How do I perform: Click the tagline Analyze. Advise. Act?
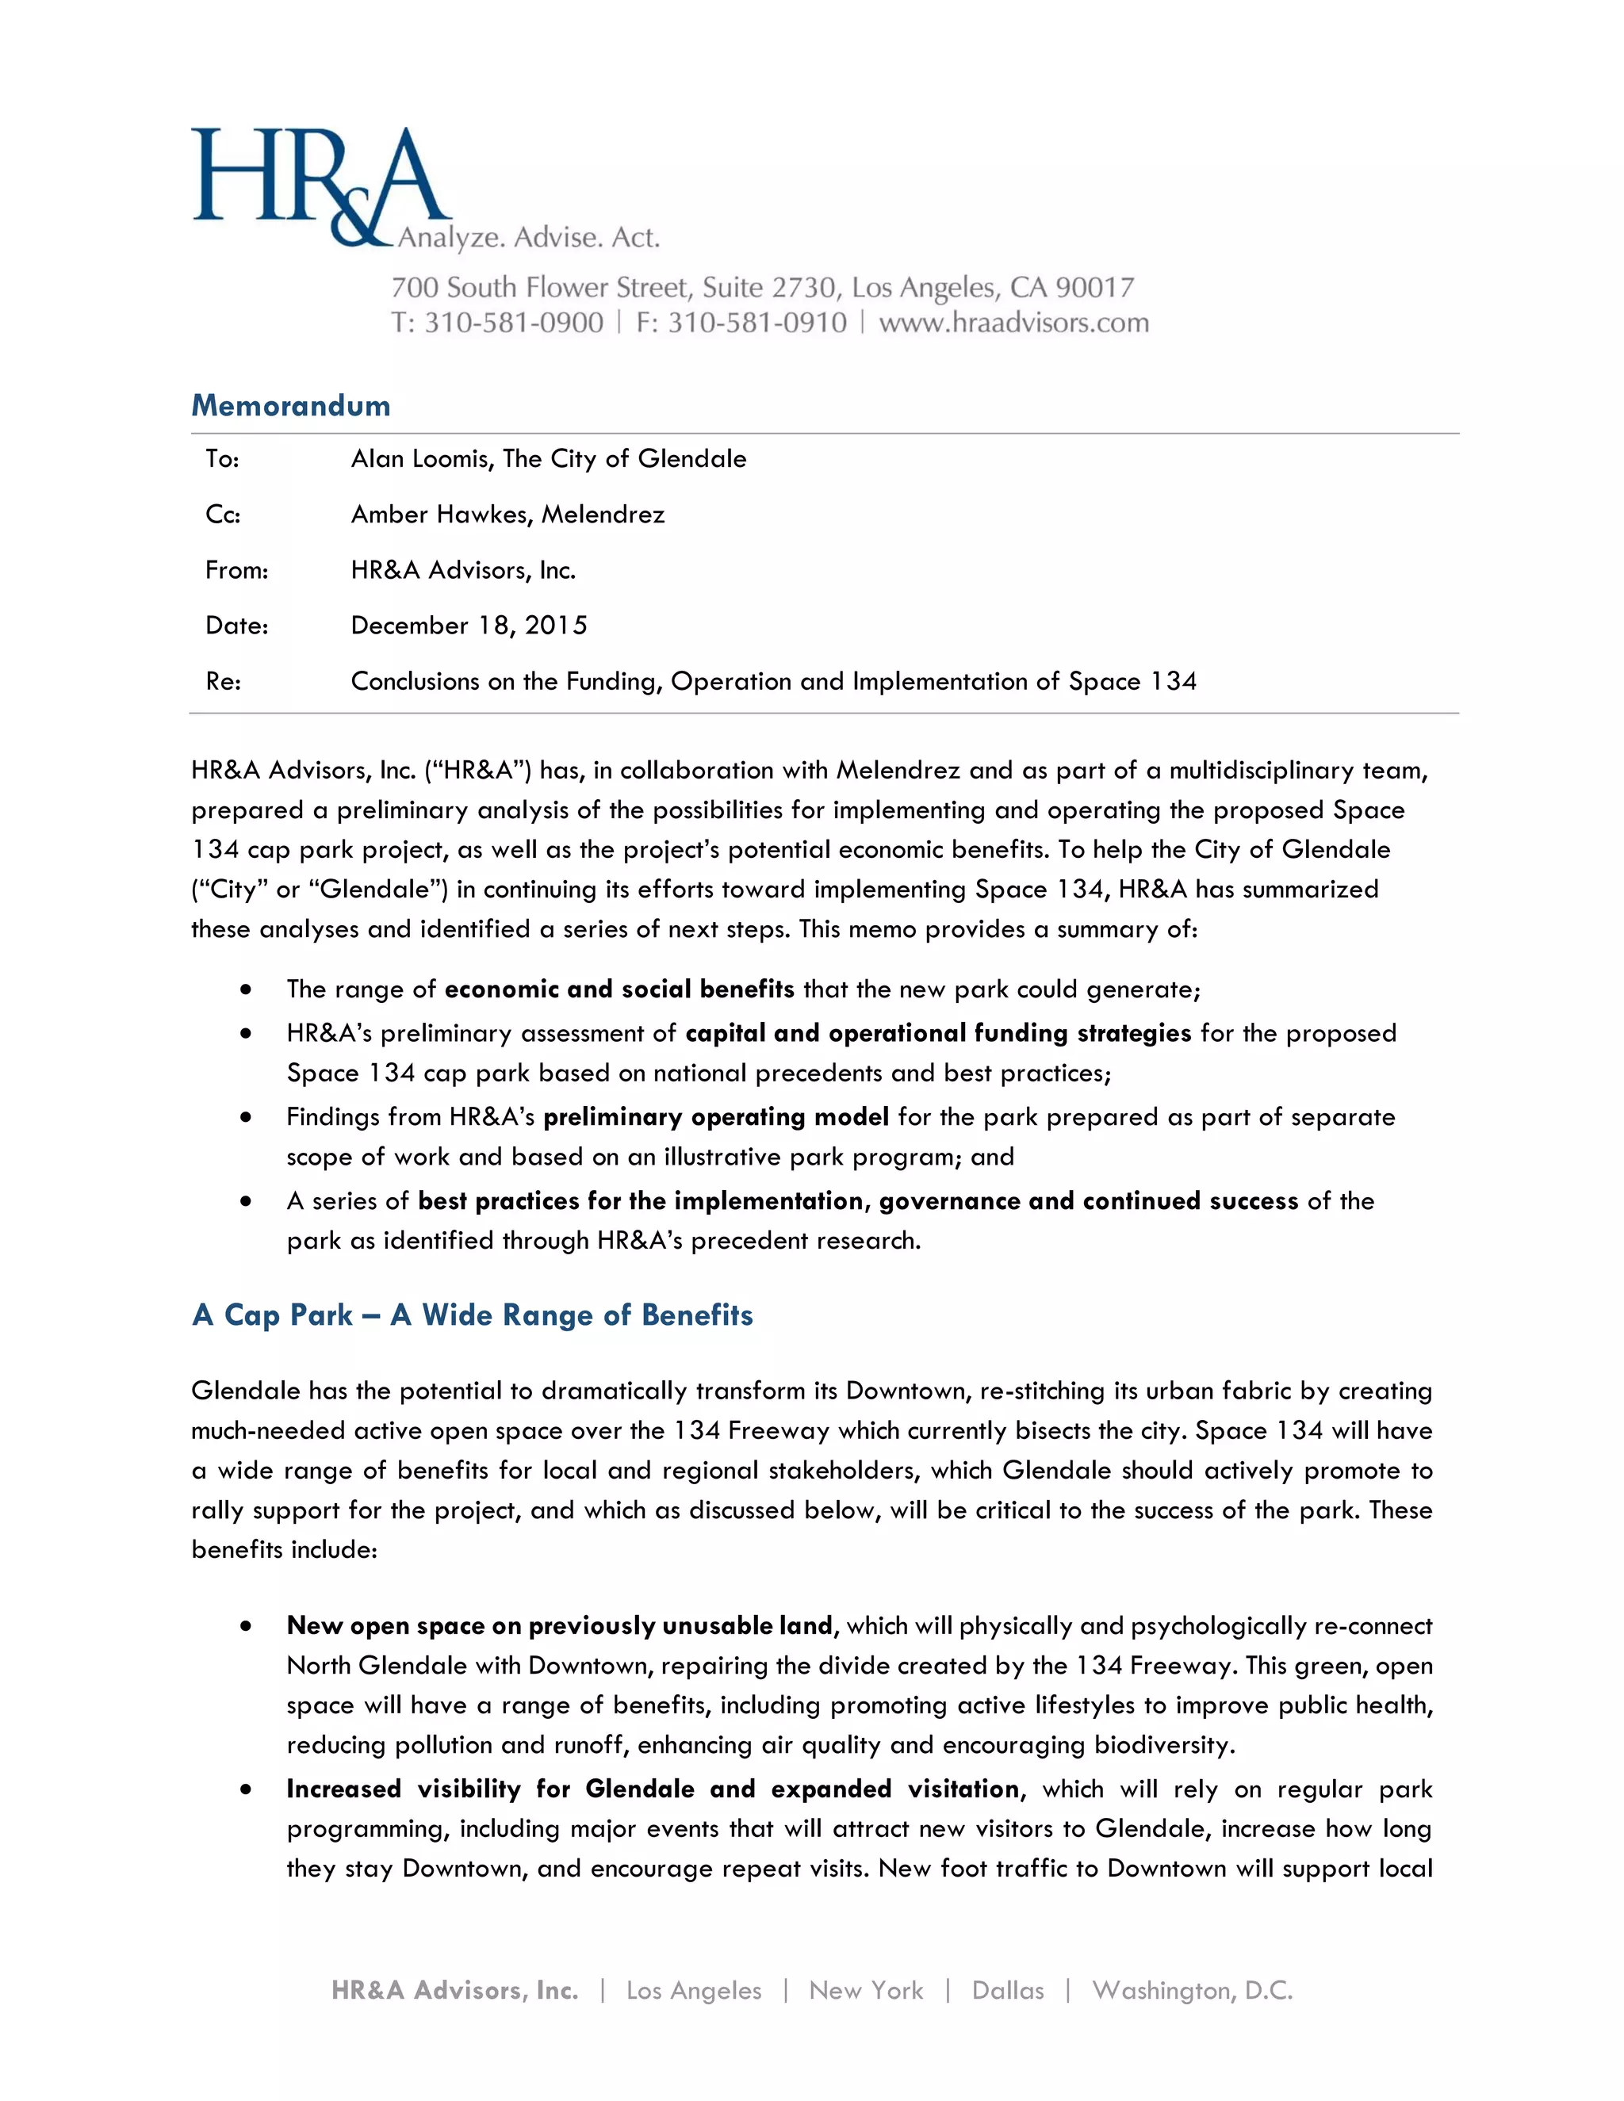529,238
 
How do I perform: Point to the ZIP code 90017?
1095,287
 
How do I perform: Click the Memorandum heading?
290,405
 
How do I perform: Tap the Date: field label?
236,626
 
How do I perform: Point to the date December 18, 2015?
469,626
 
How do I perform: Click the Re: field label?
223,682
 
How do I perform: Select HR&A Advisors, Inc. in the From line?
463,571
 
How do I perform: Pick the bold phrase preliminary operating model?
716,1117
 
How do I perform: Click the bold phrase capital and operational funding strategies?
938,1033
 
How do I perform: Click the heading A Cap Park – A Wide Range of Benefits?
473,1315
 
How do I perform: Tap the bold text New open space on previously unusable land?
559,1626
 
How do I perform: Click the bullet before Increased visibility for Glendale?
247,1789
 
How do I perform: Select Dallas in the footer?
1007,1990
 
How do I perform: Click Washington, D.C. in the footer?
1191,1990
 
